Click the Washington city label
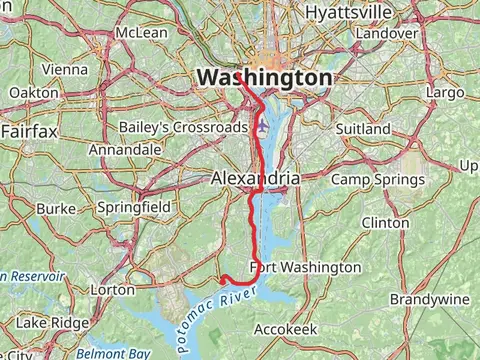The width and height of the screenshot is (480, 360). tap(265, 77)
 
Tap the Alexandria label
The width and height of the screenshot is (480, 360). tap(255, 178)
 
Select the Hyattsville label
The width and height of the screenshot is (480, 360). tap(349, 12)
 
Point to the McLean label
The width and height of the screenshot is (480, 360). tap(142, 33)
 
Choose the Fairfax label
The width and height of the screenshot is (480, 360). tap(29, 131)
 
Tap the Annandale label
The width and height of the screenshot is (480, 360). tap(125, 149)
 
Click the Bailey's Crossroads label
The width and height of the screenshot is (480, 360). tap(181, 128)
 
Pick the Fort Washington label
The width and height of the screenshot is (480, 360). tap(306, 267)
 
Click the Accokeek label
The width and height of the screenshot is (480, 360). tap(285, 328)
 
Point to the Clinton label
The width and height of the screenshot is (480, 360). tap(385, 222)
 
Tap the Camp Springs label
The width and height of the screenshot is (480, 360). tap(377, 179)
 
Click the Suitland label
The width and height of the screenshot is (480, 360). tap(363, 129)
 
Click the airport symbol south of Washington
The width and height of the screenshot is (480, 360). tap(263, 127)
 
